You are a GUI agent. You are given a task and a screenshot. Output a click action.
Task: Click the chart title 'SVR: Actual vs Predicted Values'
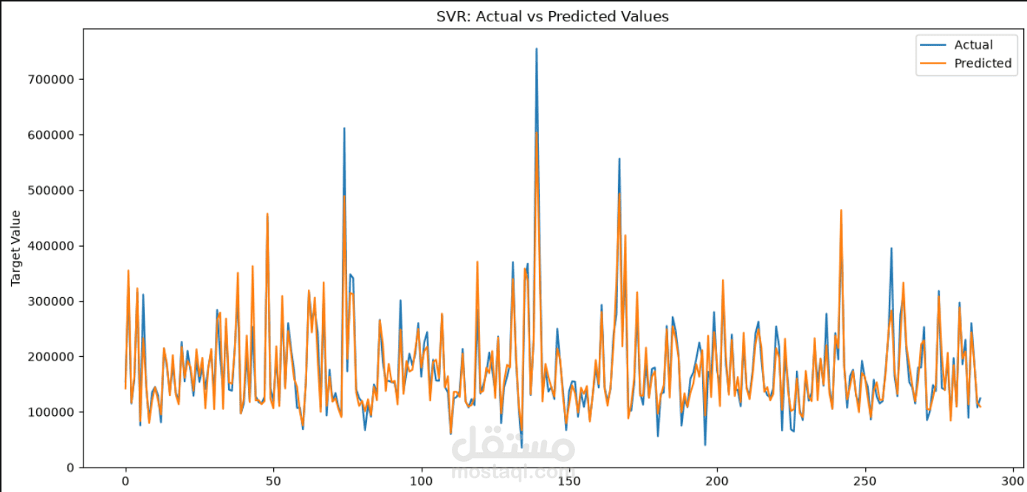pyautogui.click(x=552, y=16)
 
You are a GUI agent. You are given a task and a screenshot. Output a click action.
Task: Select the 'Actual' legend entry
pyautogui.click(x=956, y=45)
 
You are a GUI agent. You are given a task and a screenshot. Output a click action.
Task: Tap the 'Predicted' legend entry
pyautogui.click(x=966, y=64)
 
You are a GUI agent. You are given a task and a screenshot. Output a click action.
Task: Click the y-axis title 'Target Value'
pyautogui.click(x=16, y=248)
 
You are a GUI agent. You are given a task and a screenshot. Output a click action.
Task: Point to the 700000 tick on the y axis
pyautogui.click(x=51, y=80)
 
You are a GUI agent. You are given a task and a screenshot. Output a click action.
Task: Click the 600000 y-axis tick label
pyautogui.click(x=51, y=135)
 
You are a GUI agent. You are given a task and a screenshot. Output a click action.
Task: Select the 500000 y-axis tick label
pyautogui.click(x=51, y=191)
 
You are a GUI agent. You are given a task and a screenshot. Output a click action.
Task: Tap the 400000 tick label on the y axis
pyautogui.click(x=51, y=246)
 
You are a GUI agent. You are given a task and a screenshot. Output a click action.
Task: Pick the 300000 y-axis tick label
pyautogui.click(x=51, y=301)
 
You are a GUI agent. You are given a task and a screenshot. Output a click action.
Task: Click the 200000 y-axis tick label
pyautogui.click(x=51, y=357)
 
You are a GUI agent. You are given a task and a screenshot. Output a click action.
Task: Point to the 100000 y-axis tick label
pyautogui.click(x=51, y=412)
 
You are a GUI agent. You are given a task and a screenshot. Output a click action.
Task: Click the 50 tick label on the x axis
pyautogui.click(x=273, y=482)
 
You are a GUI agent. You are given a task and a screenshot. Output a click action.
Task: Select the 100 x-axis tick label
pyautogui.click(x=421, y=482)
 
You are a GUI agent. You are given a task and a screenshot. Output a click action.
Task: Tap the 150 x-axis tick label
pyautogui.click(x=569, y=482)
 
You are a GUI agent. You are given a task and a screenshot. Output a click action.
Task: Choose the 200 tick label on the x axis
pyautogui.click(x=717, y=482)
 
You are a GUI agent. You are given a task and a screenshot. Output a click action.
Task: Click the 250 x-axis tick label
pyautogui.click(x=865, y=482)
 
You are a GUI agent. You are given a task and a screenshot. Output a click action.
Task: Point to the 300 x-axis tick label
pyautogui.click(x=1013, y=482)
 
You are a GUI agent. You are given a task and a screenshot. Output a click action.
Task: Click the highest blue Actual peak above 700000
pyautogui.click(x=537, y=49)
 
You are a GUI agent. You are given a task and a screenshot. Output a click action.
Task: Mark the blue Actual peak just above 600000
pyautogui.click(x=344, y=129)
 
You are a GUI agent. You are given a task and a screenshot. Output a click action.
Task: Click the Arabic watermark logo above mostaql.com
pyautogui.click(x=513, y=444)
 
